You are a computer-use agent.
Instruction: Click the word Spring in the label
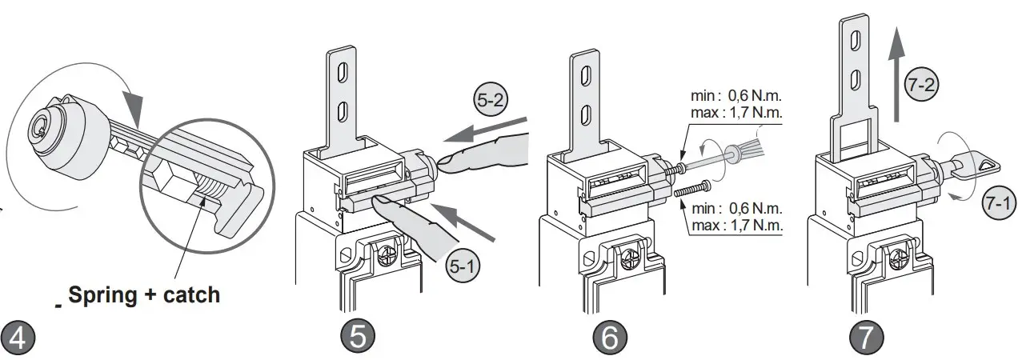[100, 295]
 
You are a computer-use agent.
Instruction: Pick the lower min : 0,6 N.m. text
[735, 210]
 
